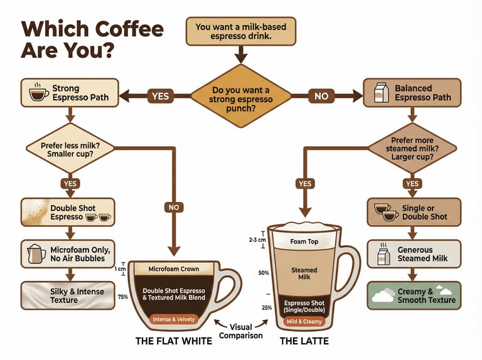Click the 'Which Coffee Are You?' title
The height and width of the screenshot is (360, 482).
point(92,40)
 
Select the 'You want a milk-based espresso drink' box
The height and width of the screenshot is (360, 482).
point(241,31)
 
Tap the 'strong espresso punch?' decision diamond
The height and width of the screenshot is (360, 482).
point(241,96)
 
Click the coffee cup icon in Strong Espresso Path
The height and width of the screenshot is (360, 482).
point(39,93)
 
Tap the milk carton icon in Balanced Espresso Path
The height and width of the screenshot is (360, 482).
point(381,93)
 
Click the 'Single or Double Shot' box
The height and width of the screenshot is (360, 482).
point(414,213)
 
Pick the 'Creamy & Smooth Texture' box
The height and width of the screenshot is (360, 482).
point(414,295)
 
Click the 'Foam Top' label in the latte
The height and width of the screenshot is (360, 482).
point(304,241)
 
